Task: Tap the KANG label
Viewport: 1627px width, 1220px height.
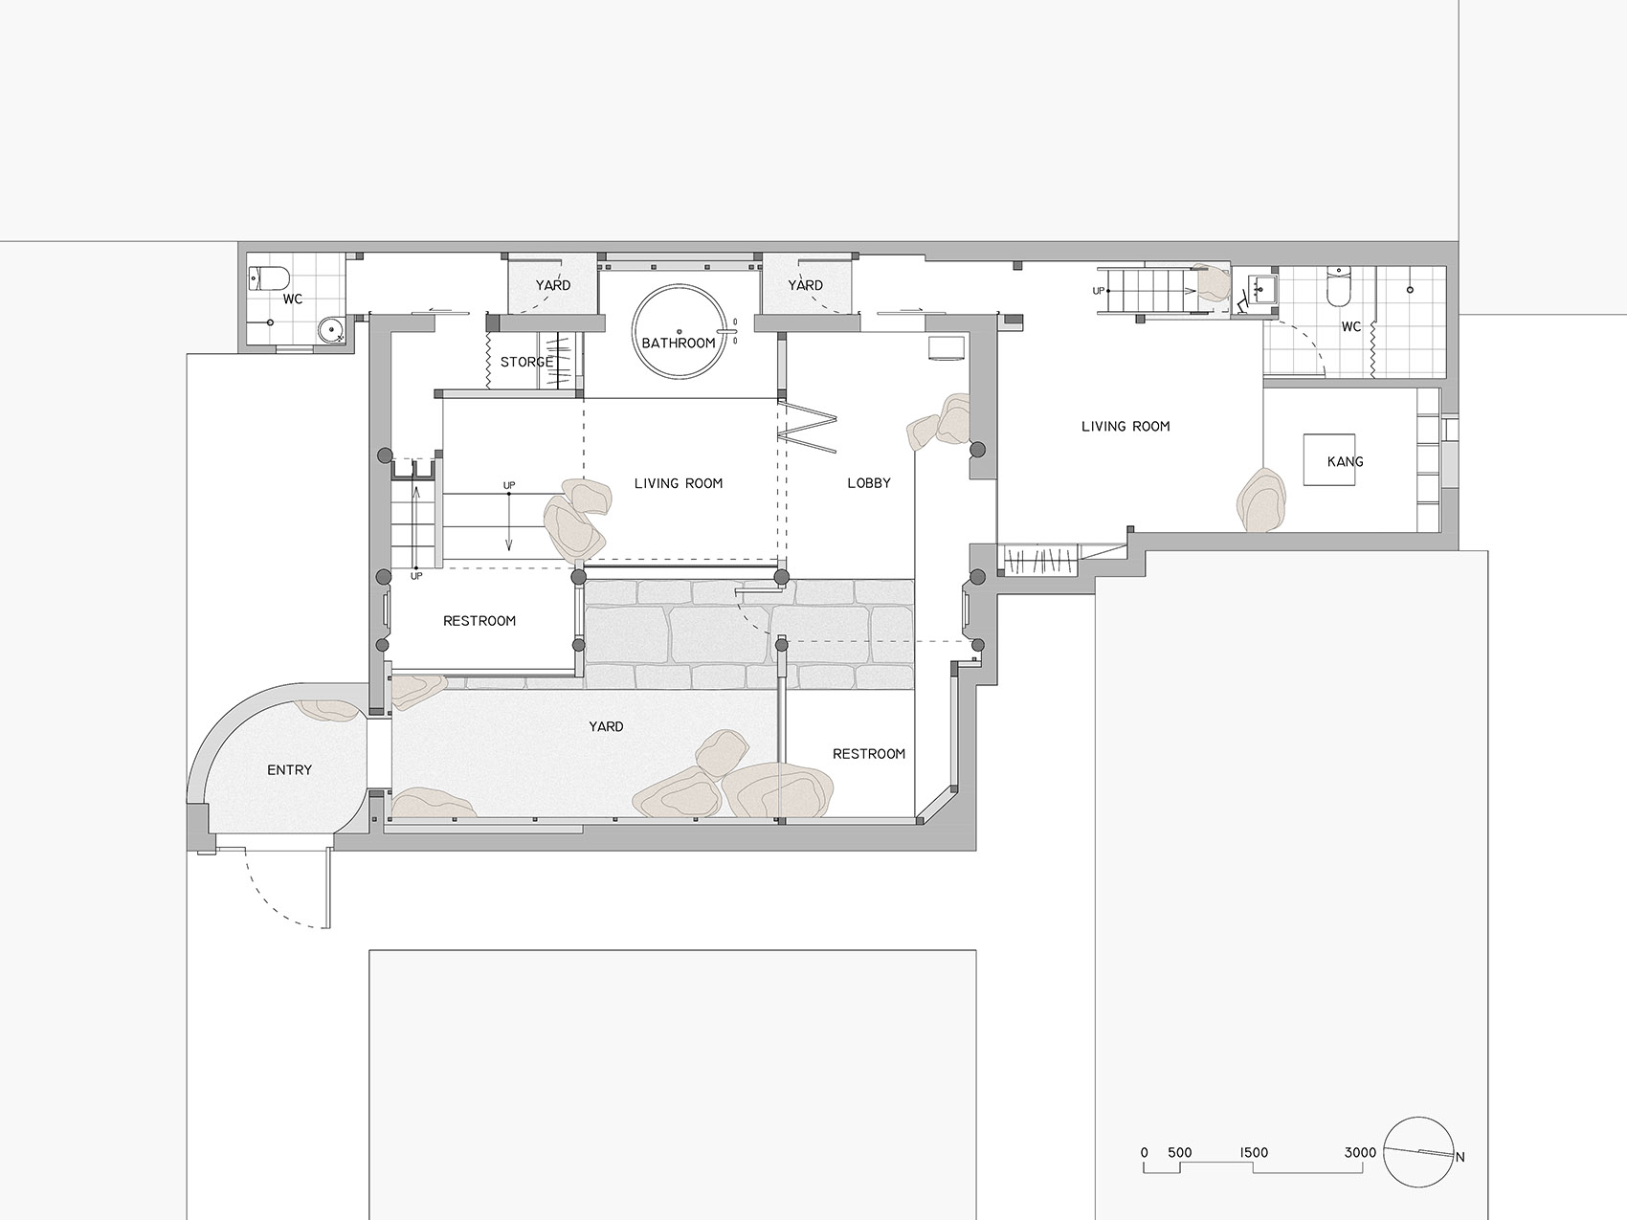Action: click(1345, 461)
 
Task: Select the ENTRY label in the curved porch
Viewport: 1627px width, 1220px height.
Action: click(289, 769)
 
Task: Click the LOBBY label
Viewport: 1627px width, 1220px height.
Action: click(869, 483)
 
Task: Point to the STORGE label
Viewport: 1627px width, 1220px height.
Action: click(526, 362)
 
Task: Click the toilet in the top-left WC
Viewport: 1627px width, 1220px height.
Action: click(269, 278)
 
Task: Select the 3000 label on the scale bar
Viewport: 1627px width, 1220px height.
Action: click(1360, 1152)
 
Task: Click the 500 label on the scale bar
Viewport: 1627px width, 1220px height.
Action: click(1180, 1152)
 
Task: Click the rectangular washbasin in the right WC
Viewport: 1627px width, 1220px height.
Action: click(1263, 286)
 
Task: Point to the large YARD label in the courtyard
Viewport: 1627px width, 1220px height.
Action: click(606, 726)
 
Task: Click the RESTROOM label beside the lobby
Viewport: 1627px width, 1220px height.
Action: click(869, 754)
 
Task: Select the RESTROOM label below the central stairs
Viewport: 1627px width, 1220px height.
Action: click(479, 621)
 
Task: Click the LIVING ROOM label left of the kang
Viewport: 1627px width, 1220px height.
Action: click(1126, 426)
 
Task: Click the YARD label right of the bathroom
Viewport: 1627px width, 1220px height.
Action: click(805, 285)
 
